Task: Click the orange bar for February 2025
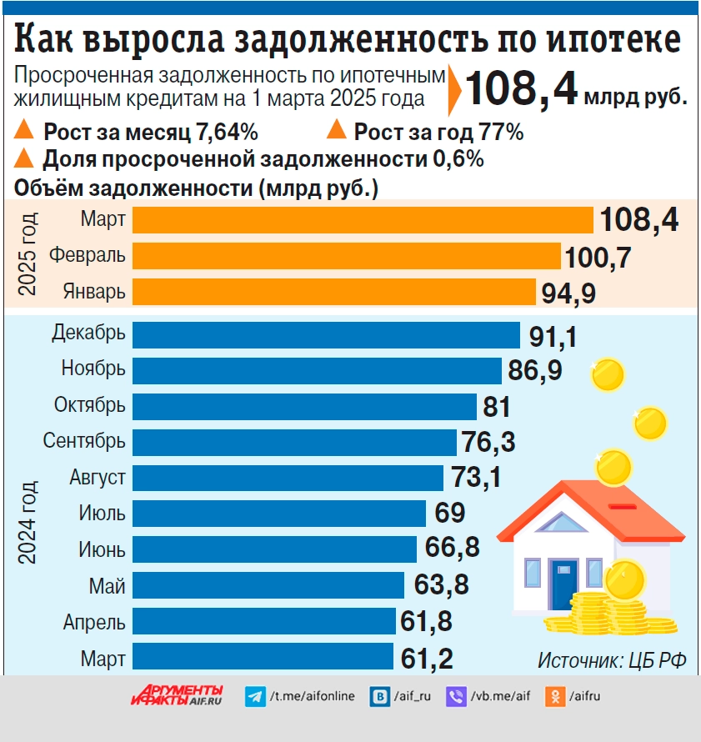(347, 256)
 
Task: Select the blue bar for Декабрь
(326, 334)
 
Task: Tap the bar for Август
(288, 478)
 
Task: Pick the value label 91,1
(553, 336)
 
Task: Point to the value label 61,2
(427, 659)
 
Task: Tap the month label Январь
(94, 292)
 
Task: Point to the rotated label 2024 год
(28, 522)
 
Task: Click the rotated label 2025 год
(28, 254)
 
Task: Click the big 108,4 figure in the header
(522, 88)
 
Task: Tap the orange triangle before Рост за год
(337, 131)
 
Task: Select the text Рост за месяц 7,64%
(151, 132)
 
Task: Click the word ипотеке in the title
(613, 39)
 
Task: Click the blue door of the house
(563, 583)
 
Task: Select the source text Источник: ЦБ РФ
(612, 660)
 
